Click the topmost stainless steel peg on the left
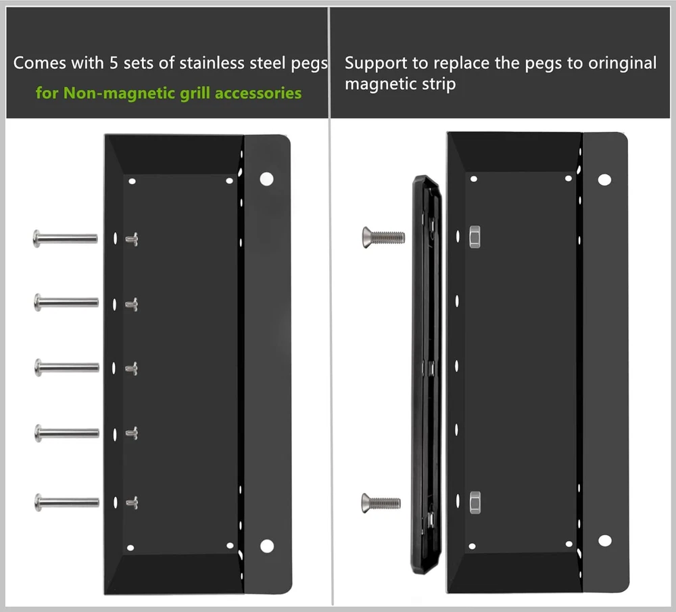(x=65, y=239)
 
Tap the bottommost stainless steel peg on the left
(x=67, y=502)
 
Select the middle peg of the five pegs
(x=67, y=368)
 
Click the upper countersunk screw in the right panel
(x=383, y=237)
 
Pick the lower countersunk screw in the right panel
(x=381, y=503)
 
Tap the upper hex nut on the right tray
(x=475, y=237)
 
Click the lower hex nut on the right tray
(x=475, y=502)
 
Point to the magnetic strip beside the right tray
(x=427, y=375)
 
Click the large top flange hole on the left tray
(x=267, y=179)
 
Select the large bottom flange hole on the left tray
(x=267, y=546)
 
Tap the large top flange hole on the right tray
(x=604, y=180)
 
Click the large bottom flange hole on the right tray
(x=605, y=540)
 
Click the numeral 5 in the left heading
(x=114, y=63)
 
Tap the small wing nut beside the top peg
(x=132, y=239)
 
